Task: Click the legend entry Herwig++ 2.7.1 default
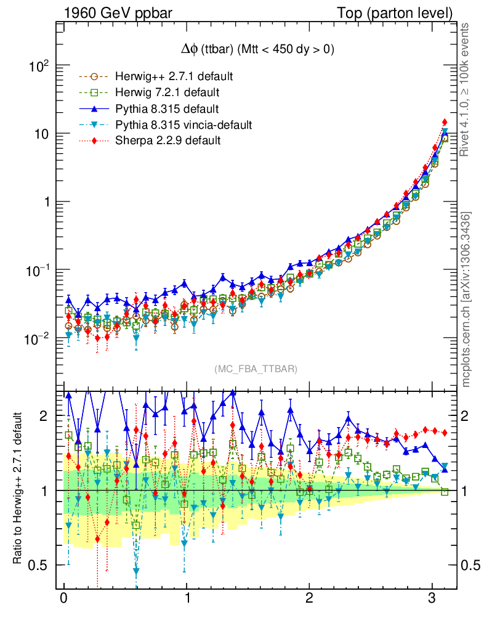point(174,77)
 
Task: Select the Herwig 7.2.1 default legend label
point(167,93)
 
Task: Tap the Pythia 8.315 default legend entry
point(167,109)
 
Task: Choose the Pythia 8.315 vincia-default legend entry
point(184,125)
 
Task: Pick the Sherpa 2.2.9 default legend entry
point(167,141)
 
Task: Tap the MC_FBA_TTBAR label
point(256,369)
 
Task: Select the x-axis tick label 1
point(187,600)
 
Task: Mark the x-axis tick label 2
point(310,600)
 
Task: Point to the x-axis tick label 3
point(432,600)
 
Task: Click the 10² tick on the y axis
point(39,67)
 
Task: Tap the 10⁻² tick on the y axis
point(38,338)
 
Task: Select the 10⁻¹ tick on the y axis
point(38,271)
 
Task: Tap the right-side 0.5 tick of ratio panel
point(470,565)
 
